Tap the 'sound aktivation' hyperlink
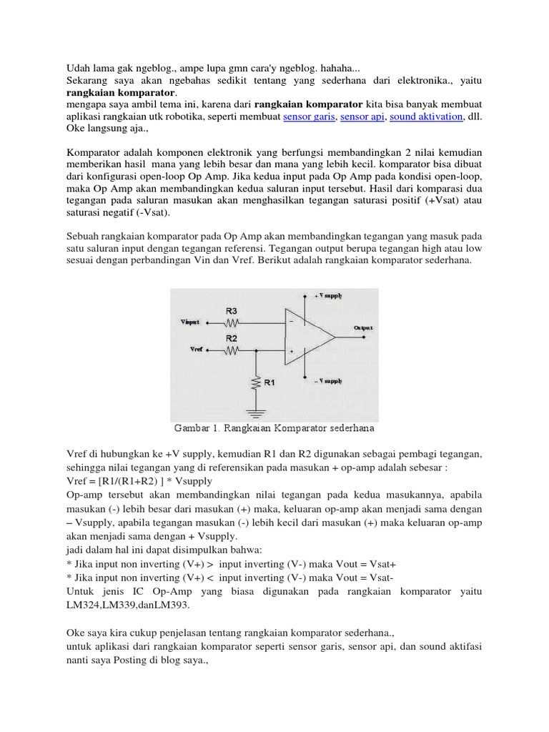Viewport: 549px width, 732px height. tap(427, 117)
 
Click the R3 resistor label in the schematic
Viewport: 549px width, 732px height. tap(232, 311)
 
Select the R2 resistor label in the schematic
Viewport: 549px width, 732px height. tap(232, 337)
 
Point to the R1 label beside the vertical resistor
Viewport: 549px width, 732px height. tap(269, 383)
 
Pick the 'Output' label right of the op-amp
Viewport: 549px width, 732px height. tap(363, 327)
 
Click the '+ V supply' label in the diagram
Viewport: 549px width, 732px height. tap(328, 295)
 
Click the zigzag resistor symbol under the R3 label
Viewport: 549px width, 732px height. tap(232, 323)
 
